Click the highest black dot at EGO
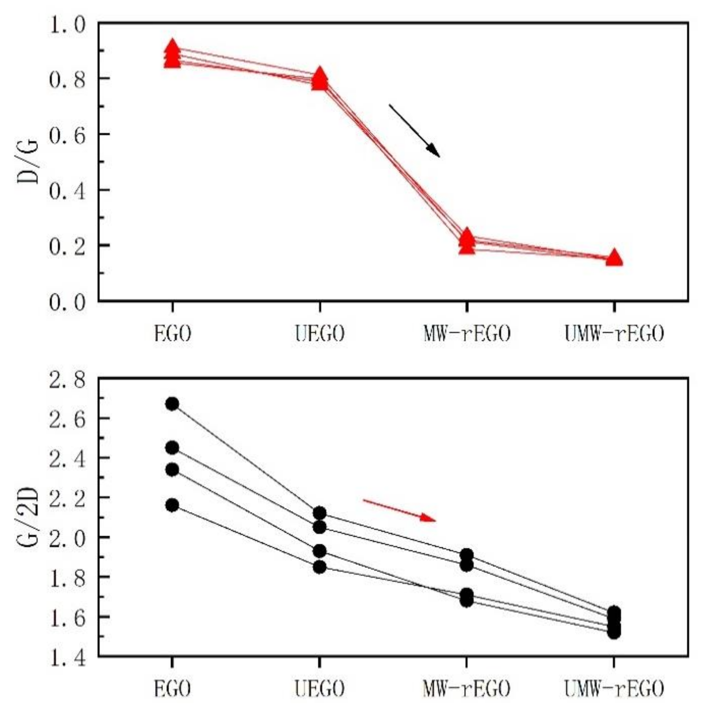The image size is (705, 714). click(172, 404)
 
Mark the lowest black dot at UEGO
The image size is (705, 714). click(320, 567)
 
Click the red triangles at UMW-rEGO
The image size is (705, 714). click(614, 258)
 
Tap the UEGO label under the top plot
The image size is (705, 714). click(320, 333)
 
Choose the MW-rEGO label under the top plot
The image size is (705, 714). click(467, 333)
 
